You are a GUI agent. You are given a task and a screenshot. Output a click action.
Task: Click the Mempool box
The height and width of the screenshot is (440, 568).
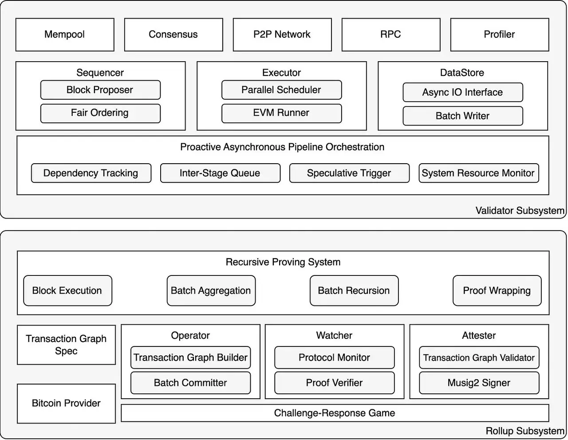point(65,35)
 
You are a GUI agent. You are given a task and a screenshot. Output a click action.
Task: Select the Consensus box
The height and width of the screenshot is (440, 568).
point(174,35)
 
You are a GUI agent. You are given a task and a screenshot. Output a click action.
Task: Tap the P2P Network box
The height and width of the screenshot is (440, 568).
point(282,35)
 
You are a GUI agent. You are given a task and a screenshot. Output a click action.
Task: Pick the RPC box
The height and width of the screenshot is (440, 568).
point(391,35)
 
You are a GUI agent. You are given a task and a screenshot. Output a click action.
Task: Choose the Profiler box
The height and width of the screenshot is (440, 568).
point(500,35)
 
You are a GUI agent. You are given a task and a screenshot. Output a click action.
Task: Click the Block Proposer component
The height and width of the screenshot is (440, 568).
point(100,90)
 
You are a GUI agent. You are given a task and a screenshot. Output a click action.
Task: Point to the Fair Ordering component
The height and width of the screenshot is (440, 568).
point(100,113)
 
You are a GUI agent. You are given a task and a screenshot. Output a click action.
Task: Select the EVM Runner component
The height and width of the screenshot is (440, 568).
point(281,113)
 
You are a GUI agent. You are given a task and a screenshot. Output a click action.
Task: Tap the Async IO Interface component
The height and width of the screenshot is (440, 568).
point(463,92)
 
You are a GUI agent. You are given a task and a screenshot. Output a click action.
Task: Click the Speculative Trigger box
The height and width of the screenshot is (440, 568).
point(349,173)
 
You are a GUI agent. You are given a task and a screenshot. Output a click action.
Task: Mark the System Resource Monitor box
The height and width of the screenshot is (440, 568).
point(478,173)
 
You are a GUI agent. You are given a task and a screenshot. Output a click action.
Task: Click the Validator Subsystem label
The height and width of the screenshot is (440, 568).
point(520,211)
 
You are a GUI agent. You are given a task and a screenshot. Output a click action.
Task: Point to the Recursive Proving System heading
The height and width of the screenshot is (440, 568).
point(283,262)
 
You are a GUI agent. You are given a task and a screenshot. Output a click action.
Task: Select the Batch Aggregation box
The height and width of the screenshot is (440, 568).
point(211,291)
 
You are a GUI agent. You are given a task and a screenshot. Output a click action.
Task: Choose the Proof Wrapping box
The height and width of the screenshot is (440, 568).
point(497,291)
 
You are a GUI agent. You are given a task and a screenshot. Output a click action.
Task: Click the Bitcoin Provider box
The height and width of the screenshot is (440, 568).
point(66,403)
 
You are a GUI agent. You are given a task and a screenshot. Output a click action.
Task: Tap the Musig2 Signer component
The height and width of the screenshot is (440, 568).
point(479,383)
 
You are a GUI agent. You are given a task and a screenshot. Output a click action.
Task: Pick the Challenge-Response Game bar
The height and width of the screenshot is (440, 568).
point(335,413)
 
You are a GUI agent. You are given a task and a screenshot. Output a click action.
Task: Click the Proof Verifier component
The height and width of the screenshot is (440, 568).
point(335,383)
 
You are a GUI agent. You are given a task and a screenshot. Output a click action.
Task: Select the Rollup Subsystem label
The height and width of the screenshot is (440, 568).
point(525,431)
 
